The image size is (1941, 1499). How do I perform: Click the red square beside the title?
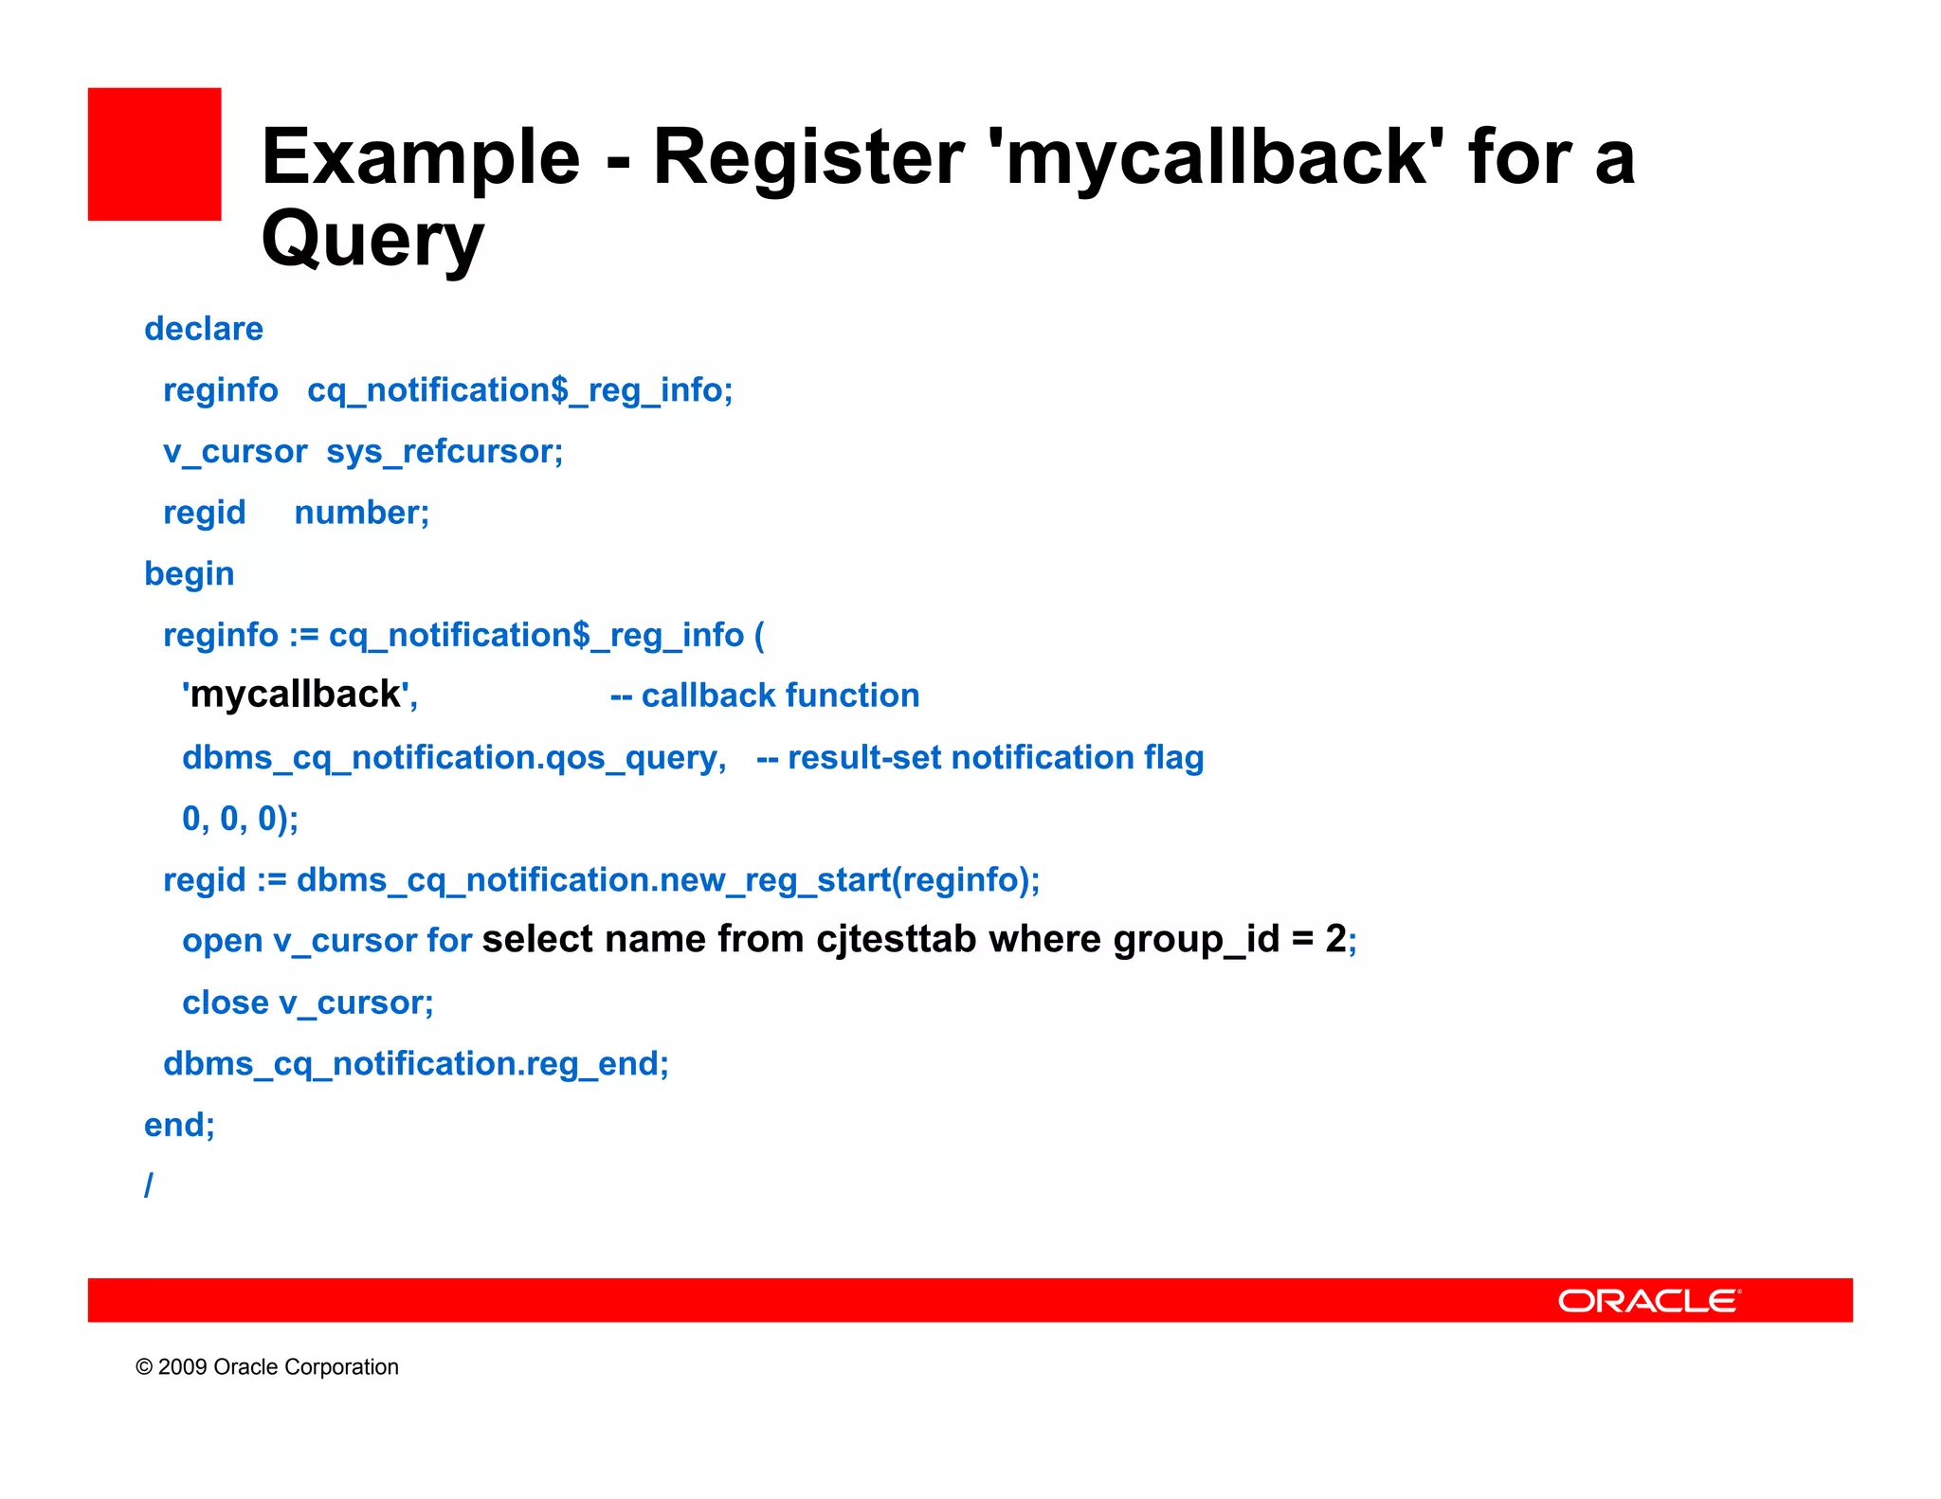tap(154, 154)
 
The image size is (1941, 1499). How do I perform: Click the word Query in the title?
tap(372, 239)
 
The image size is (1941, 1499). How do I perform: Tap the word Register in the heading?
tap(808, 157)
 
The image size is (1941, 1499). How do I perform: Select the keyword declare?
tap(204, 329)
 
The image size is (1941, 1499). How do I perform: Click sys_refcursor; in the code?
tap(444, 452)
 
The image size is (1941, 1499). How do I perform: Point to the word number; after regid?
tap(362, 513)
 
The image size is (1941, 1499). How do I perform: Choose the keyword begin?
tap(190, 574)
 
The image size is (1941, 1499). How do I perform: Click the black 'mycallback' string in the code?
tap(296, 695)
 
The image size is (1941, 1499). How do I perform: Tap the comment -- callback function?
tap(765, 695)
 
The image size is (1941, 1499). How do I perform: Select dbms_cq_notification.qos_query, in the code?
tap(454, 757)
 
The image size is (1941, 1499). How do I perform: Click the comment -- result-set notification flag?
tap(980, 757)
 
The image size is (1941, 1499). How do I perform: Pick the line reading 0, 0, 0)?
tap(240, 819)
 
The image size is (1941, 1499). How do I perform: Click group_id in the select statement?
tap(1196, 939)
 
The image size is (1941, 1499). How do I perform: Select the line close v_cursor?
tap(308, 1002)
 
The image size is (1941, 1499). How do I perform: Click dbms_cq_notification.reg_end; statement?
tap(416, 1064)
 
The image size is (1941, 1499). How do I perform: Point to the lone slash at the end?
tap(149, 1184)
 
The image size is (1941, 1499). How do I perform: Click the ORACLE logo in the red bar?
tap(1649, 1301)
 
